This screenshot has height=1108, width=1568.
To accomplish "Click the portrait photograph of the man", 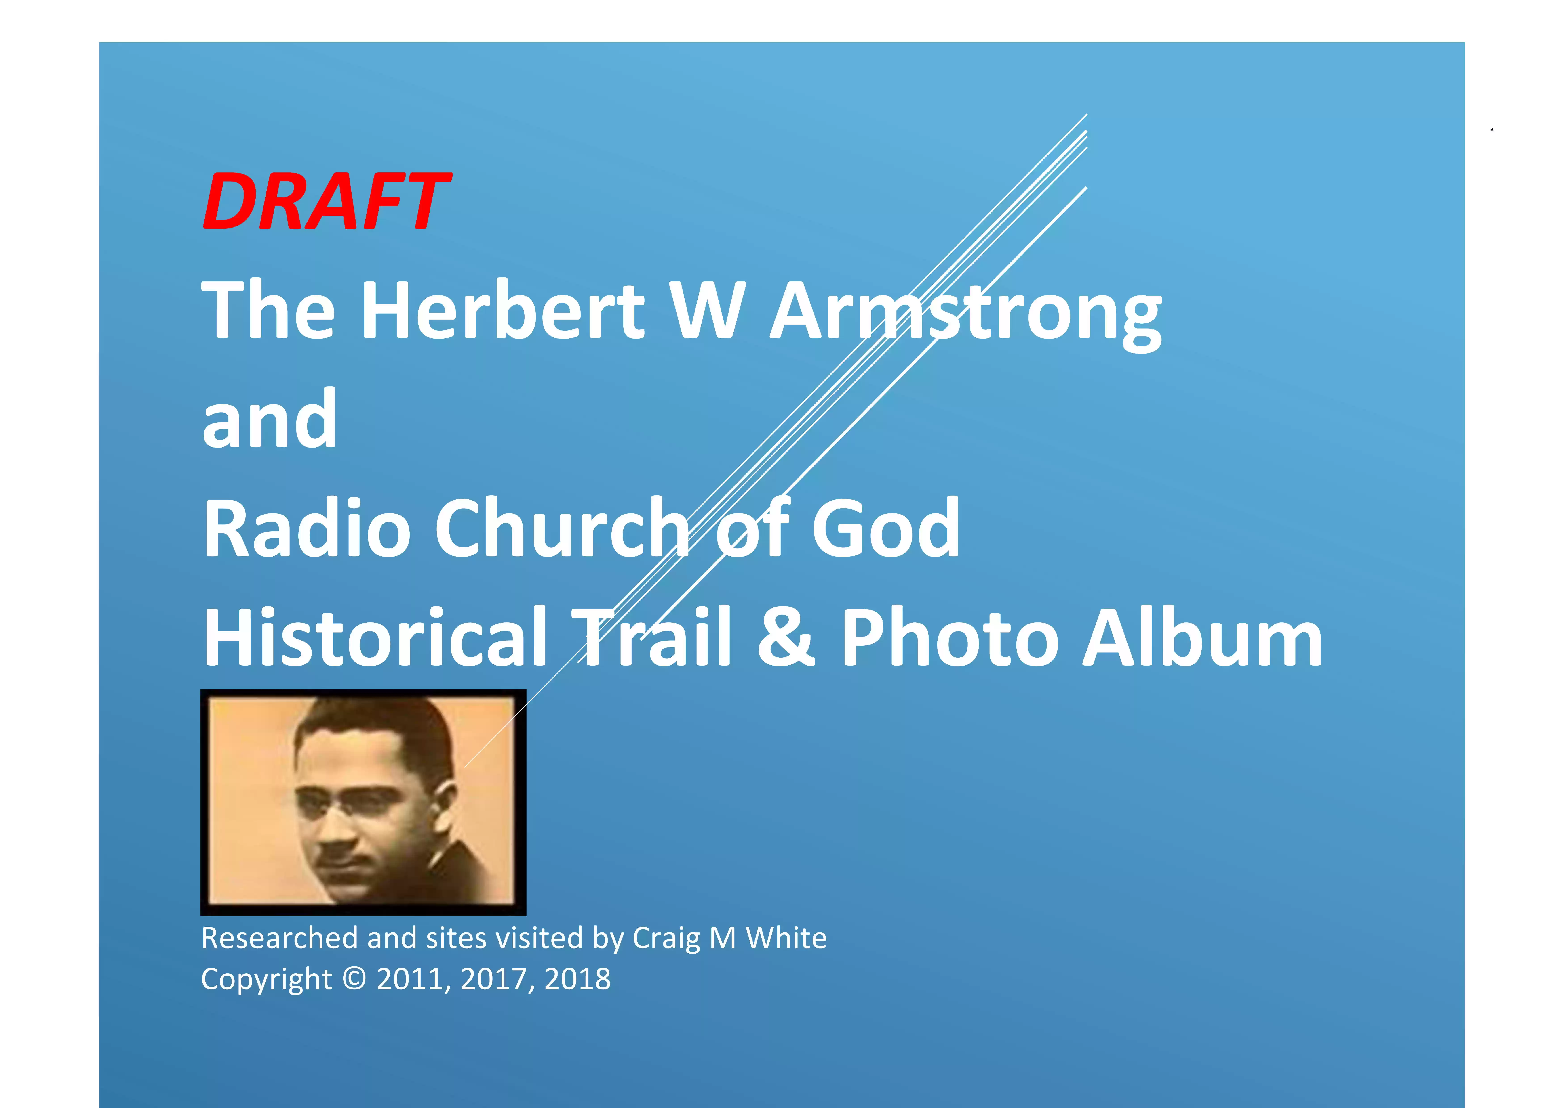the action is (363, 802).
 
